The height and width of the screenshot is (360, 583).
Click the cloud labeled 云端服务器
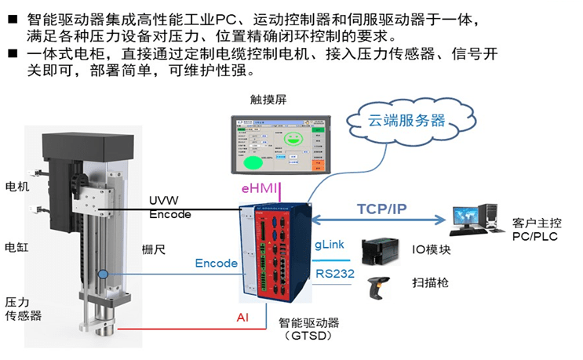pyautogui.click(x=407, y=122)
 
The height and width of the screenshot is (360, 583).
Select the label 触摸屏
pyautogui.click(x=267, y=100)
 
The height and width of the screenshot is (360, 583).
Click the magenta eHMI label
pyautogui.click(x=259, y=188)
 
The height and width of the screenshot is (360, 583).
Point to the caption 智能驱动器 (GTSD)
pyautogui.click(x=306, y=329)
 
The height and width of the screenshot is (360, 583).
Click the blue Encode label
pyautogui.click(x=216, y=263)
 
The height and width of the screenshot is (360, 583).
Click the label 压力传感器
pyautogui.click(x=23, y=308)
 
